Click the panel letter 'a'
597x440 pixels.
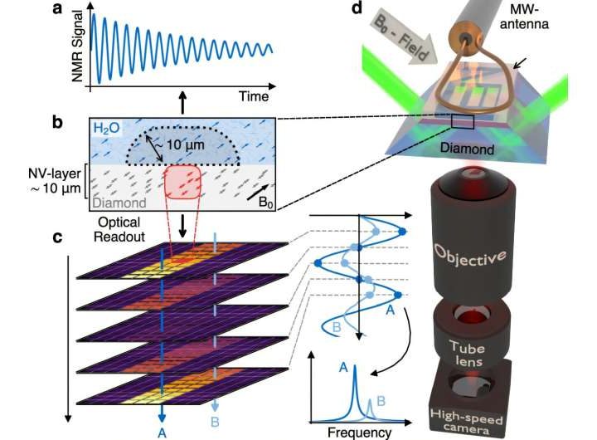57,9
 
